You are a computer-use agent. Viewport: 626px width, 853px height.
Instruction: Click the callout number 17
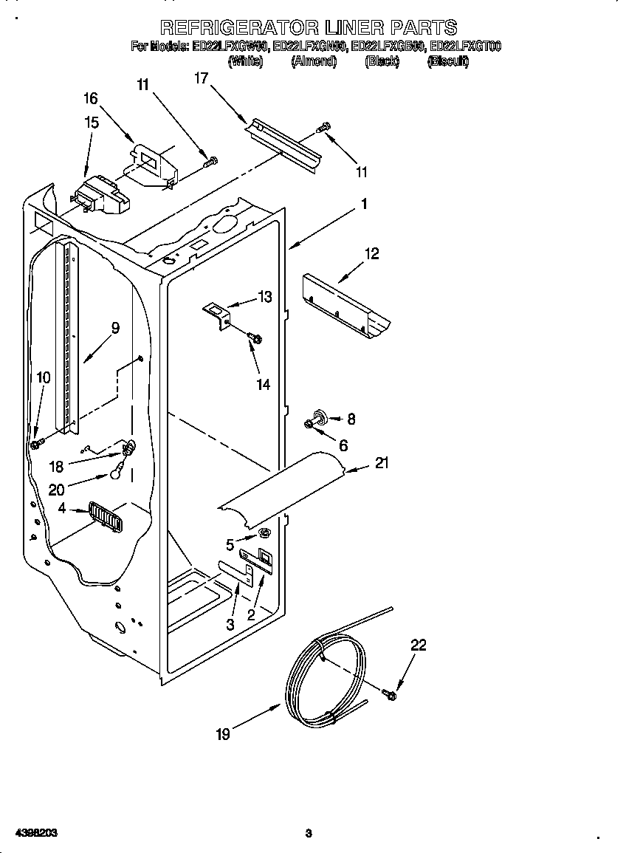[x=201, y=78]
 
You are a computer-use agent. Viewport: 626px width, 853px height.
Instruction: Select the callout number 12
[x=371, y=254]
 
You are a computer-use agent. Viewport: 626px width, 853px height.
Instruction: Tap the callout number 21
[x=382, y=463]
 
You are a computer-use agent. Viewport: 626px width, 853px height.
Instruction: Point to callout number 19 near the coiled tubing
[x=223, y=734]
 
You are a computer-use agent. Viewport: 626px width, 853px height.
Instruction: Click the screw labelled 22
[x=391, y=694]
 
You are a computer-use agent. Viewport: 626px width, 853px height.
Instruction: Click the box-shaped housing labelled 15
[x=100, y=196]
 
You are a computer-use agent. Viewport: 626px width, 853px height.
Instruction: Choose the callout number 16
[x=90, y=98]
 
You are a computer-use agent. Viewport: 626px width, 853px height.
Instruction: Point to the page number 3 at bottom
[x=309, y=834]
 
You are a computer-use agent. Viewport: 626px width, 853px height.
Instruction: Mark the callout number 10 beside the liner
[x=44, y=377]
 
